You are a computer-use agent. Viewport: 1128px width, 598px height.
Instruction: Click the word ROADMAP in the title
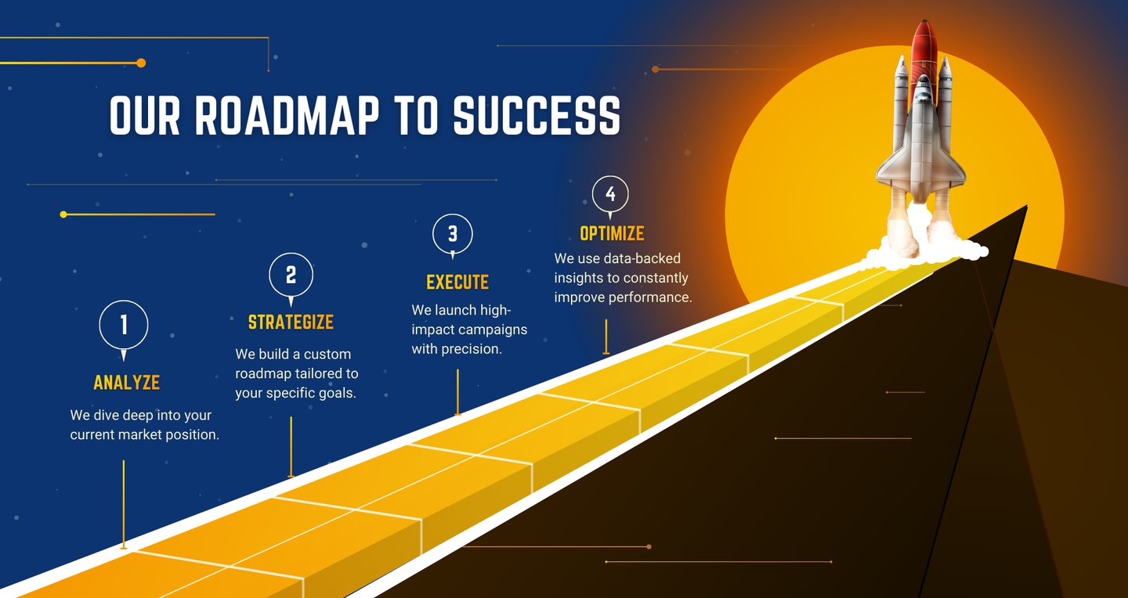(286, 116)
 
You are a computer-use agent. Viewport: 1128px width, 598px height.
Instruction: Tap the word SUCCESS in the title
(537, 116)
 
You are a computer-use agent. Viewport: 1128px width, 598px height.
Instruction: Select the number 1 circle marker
(124, 324)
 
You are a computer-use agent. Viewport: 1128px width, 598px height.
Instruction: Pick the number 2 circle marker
(291, 275)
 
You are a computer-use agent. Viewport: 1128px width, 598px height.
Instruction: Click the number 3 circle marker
(453, 233)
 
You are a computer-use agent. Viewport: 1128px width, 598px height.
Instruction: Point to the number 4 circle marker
(610, 194)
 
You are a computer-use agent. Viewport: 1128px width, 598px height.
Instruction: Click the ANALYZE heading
(126, 383)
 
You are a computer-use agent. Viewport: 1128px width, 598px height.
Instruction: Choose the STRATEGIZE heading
(291, 322)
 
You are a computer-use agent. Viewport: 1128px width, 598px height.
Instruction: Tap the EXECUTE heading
(457, 283)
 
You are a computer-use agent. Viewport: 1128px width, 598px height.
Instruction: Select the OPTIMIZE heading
(612, 234)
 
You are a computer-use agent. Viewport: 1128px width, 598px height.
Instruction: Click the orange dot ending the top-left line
(141, 63)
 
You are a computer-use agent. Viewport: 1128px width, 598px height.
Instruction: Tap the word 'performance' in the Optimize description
(653, 297)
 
